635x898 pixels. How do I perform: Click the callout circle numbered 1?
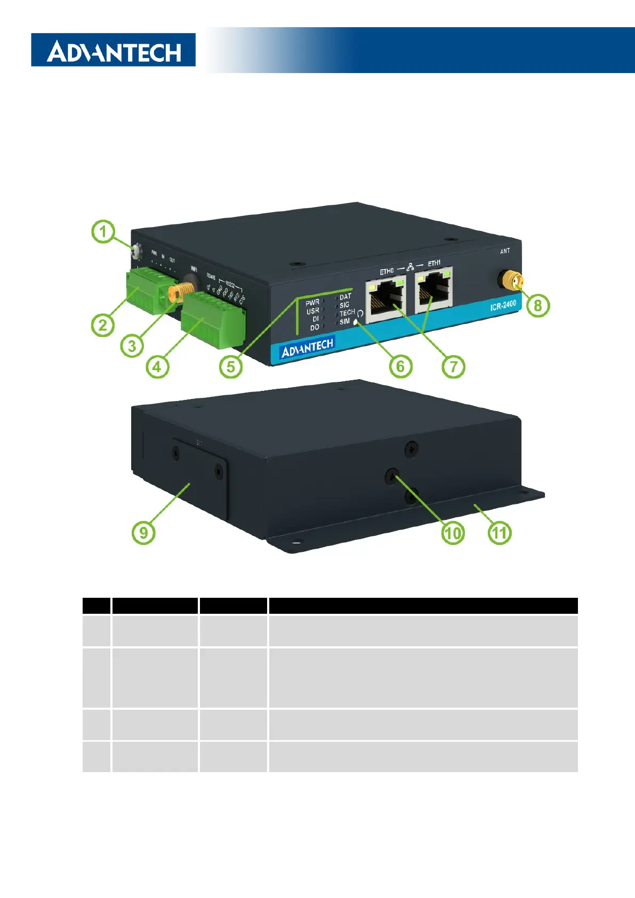tap(103, 232)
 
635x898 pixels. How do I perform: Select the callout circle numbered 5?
tap(231, 367)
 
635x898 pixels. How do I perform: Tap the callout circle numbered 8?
tap(537, 306)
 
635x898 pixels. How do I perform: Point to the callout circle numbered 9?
tap(143, 533)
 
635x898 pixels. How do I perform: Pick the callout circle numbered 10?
tap(453, 533)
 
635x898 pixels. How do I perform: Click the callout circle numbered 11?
tap(500, 533)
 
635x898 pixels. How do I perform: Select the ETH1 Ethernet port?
tap(435, 292)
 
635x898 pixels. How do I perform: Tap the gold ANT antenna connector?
tap(511, 280)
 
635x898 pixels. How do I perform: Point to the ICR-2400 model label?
tap(503, 306)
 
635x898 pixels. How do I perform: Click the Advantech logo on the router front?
tap(307, 348)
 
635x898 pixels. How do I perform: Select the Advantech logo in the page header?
tap(114, 51)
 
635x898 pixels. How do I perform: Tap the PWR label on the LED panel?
tap(312, 302)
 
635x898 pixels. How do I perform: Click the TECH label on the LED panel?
tap(347, 312)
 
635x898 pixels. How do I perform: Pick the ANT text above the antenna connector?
tap(505, 251)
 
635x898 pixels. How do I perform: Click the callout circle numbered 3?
tap(132, 346)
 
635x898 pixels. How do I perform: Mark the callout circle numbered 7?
tap(453, 367)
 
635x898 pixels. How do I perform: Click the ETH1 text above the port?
tap(434, 263)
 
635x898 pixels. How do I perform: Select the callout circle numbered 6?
tap(400, 367)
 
